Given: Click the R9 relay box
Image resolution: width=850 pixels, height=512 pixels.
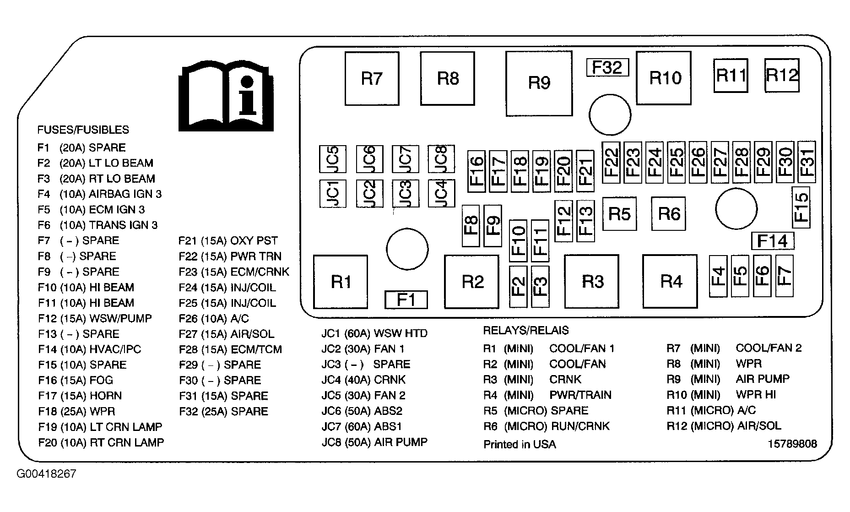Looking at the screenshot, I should click(539, 83).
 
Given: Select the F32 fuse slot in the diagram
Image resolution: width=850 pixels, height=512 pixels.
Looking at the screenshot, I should click(607, 67).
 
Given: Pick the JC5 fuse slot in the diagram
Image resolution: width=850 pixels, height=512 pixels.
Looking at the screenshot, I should click(333, 159).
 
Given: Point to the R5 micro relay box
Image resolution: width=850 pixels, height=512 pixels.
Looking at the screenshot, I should click(619, 213).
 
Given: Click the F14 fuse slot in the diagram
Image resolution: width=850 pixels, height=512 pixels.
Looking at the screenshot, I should click(772, 240).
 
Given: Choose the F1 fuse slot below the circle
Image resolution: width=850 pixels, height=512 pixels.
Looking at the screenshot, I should click(406, 300).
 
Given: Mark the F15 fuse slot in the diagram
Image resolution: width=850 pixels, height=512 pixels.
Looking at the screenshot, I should click(801, 207).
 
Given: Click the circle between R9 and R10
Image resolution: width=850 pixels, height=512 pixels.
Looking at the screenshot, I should click(610, 114).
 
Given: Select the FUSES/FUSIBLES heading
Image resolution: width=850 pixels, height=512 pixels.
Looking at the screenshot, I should click(83, 130).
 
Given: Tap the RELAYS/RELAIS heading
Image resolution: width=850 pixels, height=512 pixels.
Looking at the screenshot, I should click(526, 330).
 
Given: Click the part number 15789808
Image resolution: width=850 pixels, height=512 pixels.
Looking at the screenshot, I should click(792, 444).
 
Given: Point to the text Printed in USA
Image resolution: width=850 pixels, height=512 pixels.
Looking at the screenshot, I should click(520, 444).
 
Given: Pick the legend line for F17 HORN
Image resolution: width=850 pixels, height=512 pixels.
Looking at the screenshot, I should click(80, 396).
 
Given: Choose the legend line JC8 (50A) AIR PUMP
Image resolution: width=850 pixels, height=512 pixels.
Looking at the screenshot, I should click(374, 442).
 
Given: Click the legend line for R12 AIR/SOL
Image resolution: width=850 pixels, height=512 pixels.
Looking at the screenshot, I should click(724, 426).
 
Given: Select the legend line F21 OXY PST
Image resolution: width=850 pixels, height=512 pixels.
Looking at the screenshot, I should click(228, 241).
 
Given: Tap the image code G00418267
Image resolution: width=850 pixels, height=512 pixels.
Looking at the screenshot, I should click(46, 474).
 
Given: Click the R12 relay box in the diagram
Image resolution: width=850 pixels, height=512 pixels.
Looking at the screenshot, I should click(782, 75).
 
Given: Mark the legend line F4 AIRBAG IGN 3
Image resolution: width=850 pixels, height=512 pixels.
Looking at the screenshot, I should click(100, 194).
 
